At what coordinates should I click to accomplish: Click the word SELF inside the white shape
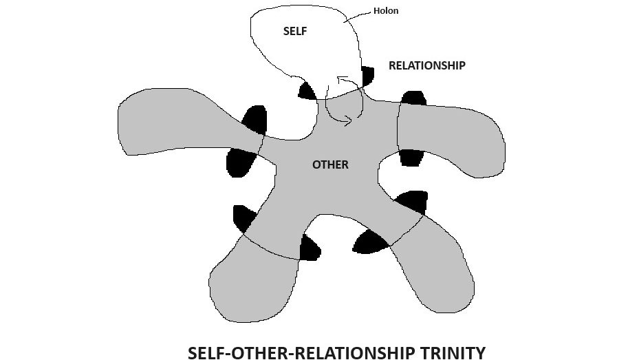[x=295, y=32]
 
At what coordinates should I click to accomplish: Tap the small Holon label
[x=385, y=11]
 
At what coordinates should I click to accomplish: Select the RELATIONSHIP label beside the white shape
[x=426, y=66]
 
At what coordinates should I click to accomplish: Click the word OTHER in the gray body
[x=330, y=165]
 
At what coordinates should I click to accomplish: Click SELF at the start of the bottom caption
[x=208, y=353]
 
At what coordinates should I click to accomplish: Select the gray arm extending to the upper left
[x=172, y=120]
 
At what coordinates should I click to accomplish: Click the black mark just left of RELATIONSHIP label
[x=367, y=74]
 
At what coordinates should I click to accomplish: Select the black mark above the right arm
[x=413, y=98]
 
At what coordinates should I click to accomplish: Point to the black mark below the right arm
[x=412, y=157]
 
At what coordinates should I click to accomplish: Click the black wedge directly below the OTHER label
[x=310, y=248]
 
